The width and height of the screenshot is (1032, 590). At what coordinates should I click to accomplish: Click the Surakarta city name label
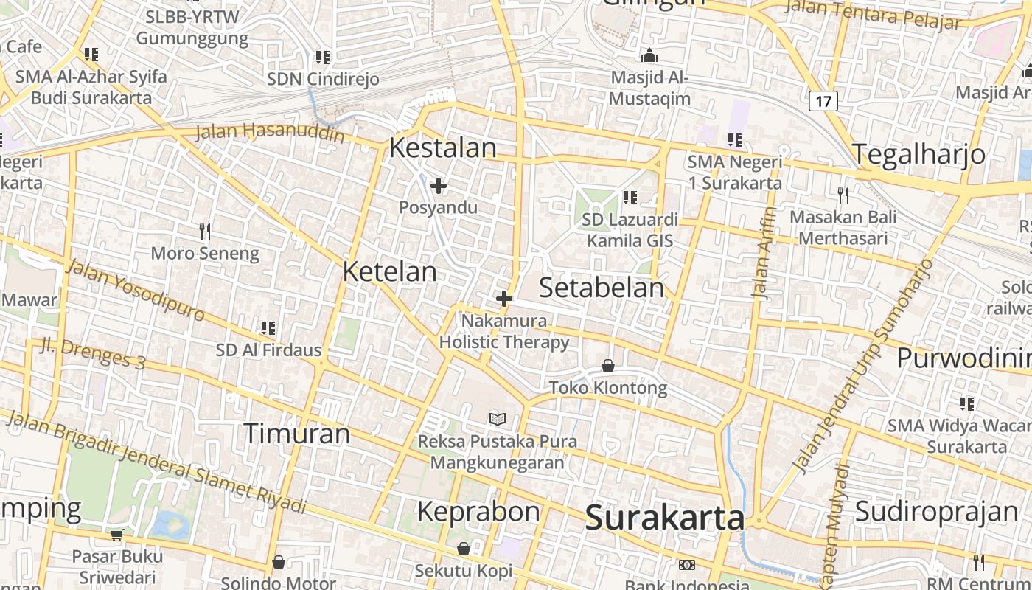[665, 518]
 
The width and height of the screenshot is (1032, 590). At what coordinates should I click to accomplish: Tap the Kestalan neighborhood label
[442, 147]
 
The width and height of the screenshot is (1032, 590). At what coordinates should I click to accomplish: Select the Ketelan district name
[390, 271]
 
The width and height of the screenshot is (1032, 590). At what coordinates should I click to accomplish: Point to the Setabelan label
[602, 288]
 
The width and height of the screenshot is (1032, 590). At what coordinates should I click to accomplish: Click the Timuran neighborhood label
[296, 433]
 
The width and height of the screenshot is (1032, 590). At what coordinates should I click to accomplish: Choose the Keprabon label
[478, 511]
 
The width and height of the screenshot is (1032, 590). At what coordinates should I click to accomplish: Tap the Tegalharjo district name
[919, 154]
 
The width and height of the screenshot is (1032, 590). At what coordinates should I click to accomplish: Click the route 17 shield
[823, 100]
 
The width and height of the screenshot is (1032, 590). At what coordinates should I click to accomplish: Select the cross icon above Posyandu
[439, 186]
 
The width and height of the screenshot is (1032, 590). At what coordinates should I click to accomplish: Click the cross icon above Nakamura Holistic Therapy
[504, 299]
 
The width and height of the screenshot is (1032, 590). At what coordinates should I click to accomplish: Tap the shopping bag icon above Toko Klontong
[608, 366]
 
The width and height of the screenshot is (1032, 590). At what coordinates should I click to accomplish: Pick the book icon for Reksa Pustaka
[498, 420]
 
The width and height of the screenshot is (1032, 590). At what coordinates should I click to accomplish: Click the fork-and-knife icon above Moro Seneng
[205, 232]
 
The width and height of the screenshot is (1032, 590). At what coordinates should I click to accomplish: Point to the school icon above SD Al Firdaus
[268, 327]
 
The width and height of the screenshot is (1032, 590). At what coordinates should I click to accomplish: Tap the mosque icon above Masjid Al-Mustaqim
[649, 55]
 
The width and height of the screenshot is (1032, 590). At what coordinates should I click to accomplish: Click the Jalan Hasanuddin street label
[270, 133]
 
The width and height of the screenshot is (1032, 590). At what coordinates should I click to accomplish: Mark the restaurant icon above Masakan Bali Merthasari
[843, 195]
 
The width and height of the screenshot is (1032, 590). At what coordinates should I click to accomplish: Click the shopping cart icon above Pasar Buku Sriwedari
[116, 534]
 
